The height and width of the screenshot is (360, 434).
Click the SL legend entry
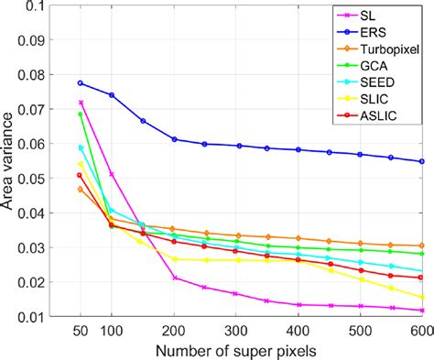coord(368,16)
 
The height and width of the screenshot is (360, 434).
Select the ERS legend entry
coord(373,33)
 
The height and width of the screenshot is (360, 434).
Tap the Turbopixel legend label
coord(390,49)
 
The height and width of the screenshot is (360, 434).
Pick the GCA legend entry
coord(374,66)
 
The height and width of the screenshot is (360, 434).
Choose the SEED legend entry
coord(377,82)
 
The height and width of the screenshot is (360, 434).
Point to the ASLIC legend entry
coord(378,115)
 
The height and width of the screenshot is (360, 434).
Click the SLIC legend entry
coord(374,99)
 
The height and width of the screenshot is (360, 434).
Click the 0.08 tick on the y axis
coord(30,75)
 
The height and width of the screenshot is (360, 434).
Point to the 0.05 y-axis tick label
coord(30,179)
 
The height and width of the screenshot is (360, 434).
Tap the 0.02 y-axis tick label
coord(30,282)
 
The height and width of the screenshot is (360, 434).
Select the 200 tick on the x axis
coord(174,331)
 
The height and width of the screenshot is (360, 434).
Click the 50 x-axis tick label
coord(81,331)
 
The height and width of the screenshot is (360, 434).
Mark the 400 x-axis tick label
coord(298,331)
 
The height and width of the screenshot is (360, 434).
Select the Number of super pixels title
coord(236,352)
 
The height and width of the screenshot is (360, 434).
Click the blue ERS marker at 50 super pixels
coord(81,83)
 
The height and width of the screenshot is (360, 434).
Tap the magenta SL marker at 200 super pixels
coord(175,278)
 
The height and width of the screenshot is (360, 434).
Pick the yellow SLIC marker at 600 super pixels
coord(422,298)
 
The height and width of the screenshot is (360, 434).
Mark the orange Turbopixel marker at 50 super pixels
coord(81,190)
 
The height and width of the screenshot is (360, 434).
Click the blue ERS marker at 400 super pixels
coord(298,149)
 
